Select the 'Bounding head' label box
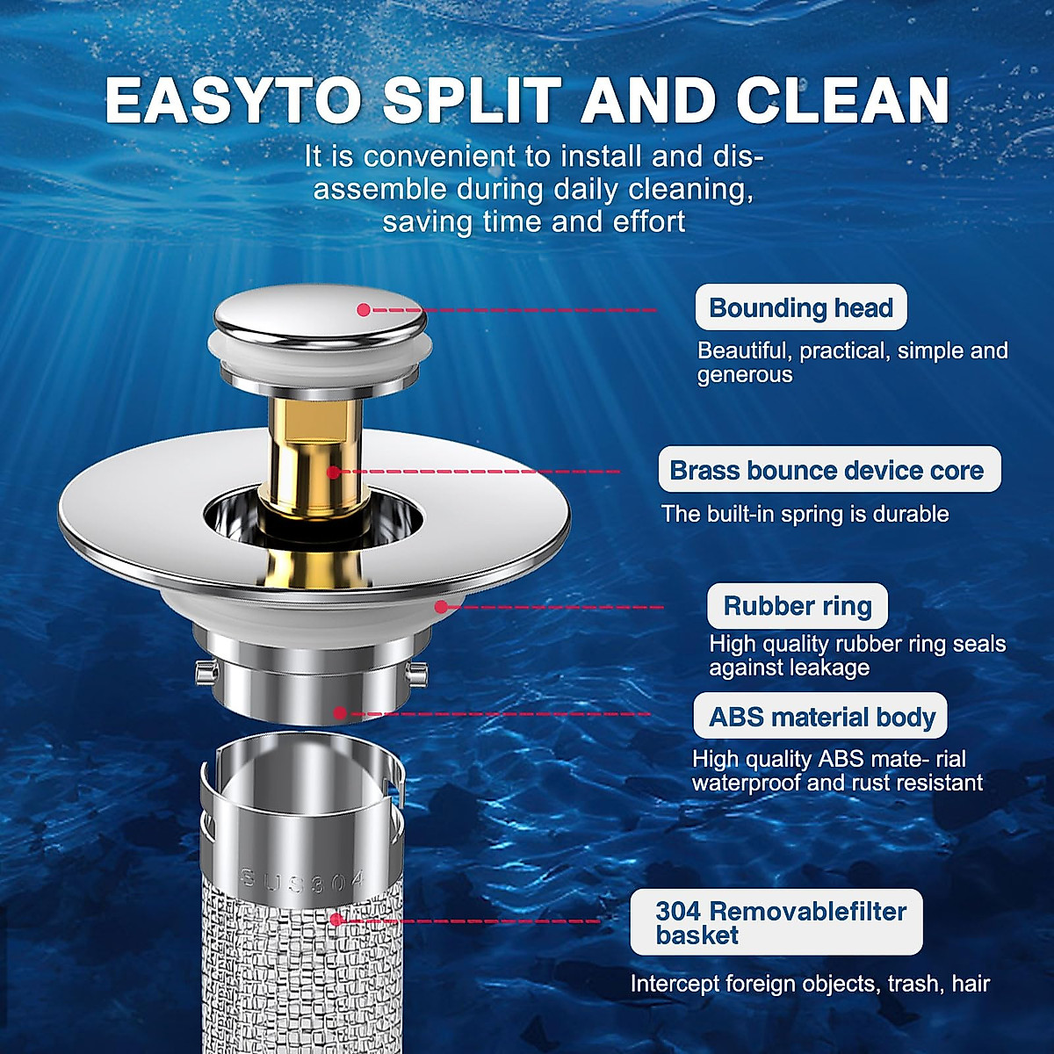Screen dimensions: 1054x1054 tap(800, 308)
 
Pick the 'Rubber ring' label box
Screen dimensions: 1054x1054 tap(797, 606)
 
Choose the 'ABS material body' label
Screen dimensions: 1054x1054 tap(821, 717)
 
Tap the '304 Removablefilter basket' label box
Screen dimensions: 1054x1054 tap(776, 922)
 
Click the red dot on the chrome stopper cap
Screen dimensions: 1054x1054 tap(364, 309)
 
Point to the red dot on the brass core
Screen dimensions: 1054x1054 tap(333, 473)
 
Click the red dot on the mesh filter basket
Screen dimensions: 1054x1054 tap(335, 920)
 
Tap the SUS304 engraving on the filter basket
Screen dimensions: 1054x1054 tap(303, 880)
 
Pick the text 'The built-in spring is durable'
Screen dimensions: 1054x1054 tap(805, 514)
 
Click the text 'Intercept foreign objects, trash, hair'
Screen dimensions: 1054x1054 tap(809, 984)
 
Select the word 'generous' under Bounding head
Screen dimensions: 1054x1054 tap(745, 375)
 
